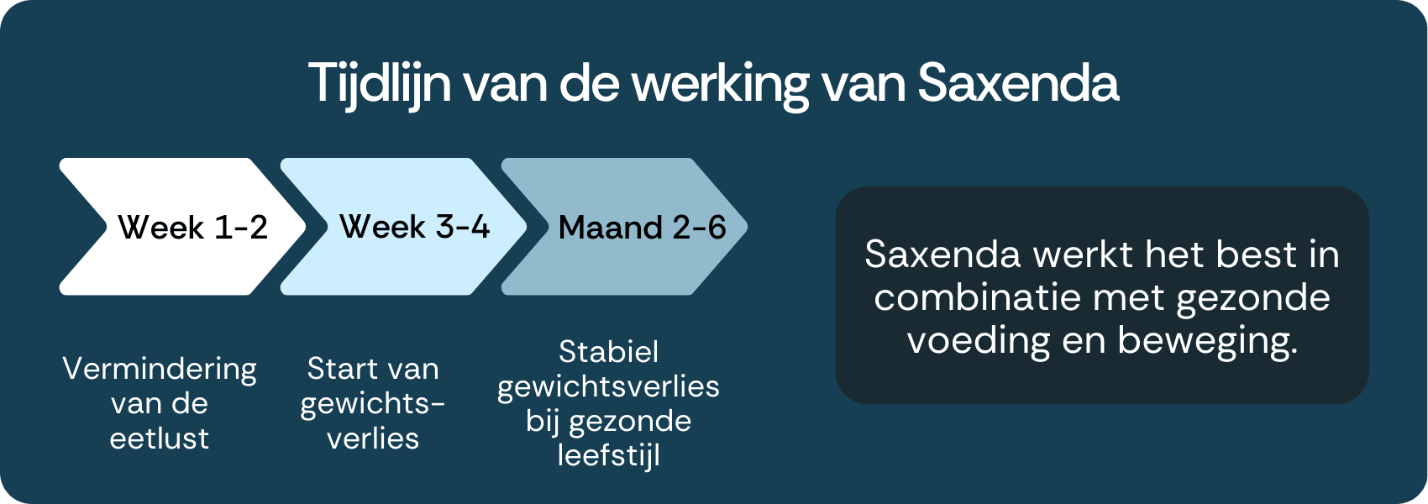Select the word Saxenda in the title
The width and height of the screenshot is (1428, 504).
point(1017,83)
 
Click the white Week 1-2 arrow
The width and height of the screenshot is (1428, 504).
point(182,226)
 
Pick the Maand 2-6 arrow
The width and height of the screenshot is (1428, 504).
point(624,226)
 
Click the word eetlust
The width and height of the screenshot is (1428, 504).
point(160,438)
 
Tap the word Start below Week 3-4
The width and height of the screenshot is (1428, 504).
point(341,369)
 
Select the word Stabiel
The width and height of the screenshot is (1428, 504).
point(609,352)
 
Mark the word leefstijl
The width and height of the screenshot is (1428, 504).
point(609,456)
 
